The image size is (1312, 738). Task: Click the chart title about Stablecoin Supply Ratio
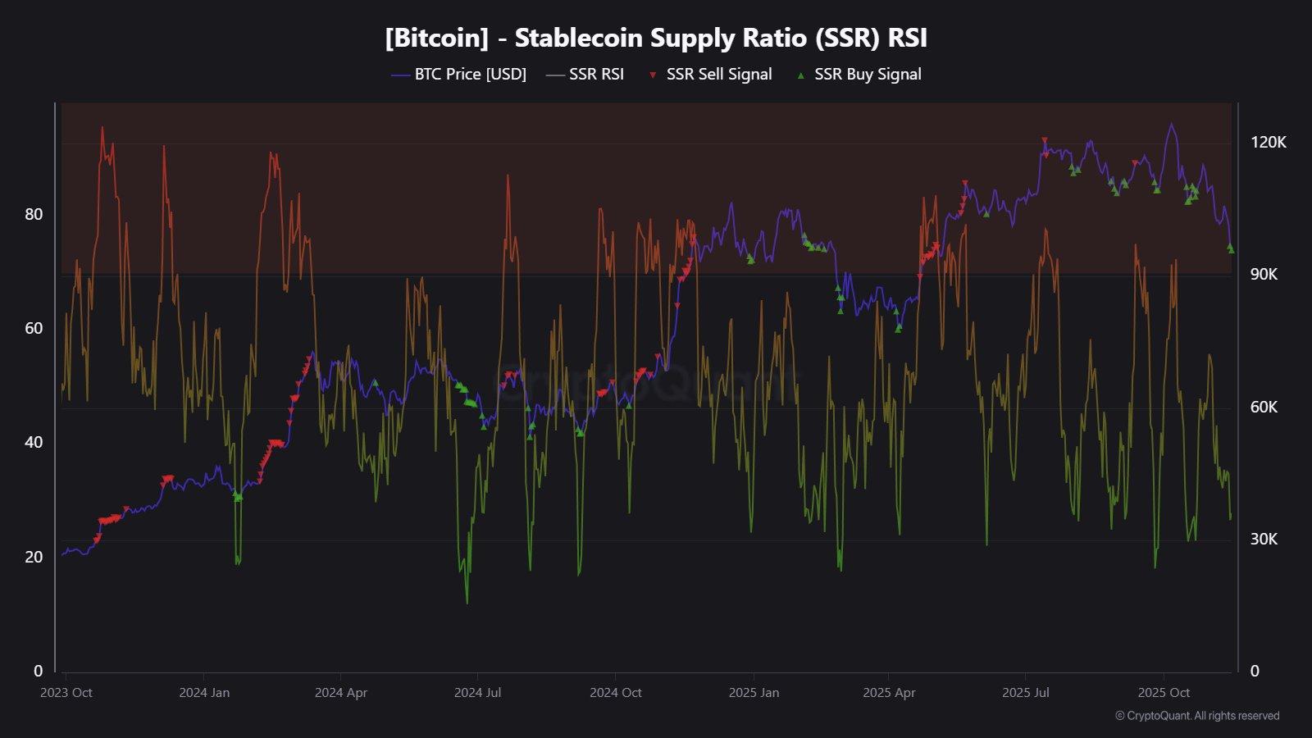tap(656, 38)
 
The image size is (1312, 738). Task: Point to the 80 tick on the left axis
tap(34, 215)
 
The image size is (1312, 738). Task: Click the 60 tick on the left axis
tap(34, 329)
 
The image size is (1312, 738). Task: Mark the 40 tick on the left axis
tap(34, 443)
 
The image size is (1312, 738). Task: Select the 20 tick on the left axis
tap(34, 558)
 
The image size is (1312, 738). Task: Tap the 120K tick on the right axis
tap(1268, 143)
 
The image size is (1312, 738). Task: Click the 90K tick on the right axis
tap(1264, 275)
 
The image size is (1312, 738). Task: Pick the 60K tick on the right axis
tap(1264, 408)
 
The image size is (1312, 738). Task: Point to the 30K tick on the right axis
tap(1264, 540)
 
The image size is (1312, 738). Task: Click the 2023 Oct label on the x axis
tap(66, 693)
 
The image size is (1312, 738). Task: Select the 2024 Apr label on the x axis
tap(341, 693)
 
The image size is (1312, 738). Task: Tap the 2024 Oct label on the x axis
tap(616, 693)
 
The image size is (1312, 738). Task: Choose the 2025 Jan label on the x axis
tap(754, 693)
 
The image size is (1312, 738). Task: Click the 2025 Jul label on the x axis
tap(1026, 693)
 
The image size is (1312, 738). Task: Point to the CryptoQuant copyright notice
tap(1197, 716)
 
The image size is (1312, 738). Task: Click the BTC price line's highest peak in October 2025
tap(1171, 125)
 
